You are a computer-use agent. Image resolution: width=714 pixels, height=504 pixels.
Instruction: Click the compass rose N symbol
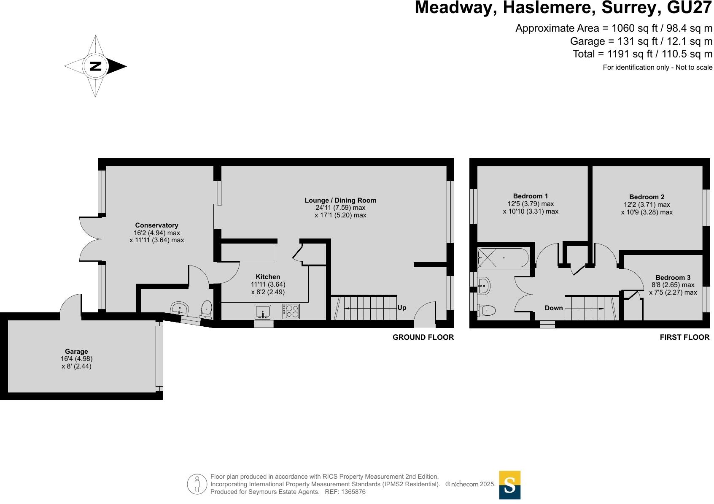tap(96, 66)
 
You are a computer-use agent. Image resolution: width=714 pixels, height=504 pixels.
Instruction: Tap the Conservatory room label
tap(156, 225)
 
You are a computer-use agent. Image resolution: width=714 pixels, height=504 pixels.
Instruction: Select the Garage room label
tap(76, 351)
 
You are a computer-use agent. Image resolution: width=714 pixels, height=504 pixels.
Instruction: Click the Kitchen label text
tap(268, 277)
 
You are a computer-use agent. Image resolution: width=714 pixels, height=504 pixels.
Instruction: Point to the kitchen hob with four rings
tap(291, 312)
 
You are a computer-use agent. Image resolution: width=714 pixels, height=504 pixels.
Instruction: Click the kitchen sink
tap(263, 312)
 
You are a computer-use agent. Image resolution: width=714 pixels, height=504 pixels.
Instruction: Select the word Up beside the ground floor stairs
tap(402, 308)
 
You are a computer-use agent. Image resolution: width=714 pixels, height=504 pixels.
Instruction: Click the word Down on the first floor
tap(554, 308)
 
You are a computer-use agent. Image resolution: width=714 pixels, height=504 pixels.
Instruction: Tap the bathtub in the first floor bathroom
tap(503, 257)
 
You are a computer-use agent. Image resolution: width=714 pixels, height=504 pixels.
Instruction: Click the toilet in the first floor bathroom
tap(487, 311)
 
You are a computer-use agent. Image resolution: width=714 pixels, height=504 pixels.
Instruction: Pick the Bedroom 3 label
tap(673, 277)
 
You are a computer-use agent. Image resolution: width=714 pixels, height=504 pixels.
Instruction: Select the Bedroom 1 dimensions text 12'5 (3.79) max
tap(531, 204)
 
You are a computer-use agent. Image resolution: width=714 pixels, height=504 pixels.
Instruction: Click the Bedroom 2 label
tap(647, 197)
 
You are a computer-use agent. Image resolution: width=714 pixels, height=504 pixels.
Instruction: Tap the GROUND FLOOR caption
tap(423, 337)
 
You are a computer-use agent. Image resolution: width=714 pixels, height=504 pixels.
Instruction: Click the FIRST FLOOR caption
tap(684, 337)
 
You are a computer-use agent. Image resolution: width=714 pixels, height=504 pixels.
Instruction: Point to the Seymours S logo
tap(509, 485)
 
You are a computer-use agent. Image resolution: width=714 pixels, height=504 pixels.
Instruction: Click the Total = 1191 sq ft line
tap(642, 54)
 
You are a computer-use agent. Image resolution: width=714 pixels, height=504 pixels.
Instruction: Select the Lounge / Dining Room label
tap(340, 201)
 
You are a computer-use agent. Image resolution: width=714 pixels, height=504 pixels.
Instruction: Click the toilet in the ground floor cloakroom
tap(206, 309)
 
